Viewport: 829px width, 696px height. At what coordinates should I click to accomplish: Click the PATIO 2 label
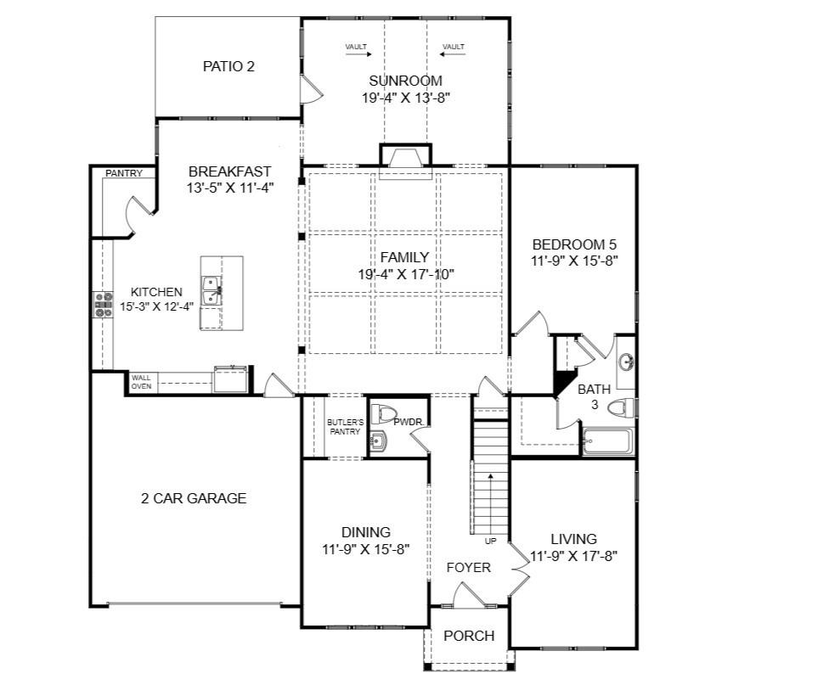pyautogui.click(x=228, y=66)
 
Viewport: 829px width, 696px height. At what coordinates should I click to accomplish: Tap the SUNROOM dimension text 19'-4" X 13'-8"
pyautogui.click(x=405, y=98)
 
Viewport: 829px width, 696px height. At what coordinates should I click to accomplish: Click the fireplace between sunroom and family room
pyautogui.click(x=405, y=158)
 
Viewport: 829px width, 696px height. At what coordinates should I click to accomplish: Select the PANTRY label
pyautogui.click(x=124, y=173)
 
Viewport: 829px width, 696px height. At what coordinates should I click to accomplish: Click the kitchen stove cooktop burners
pyautogui.click(x=103, y=305)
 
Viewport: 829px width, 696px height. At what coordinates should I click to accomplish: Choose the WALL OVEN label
pyautogui.click(x=141, y=382)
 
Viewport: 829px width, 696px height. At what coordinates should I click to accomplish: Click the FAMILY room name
pyautogui.click(x=404, y=257)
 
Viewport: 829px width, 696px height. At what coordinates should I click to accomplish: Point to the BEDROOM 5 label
pyautogui.click(x=574, y=244)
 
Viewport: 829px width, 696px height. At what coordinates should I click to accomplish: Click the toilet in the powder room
pyautogui.click(x=383, y=414)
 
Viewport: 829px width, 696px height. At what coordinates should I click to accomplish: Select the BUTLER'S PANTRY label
pyautogui.click(x=345, y=427)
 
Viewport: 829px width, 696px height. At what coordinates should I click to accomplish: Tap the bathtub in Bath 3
pyautogui.click(x=607, y=442)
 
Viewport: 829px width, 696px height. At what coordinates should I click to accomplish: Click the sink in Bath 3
pyautogui.click(x=627, y=363)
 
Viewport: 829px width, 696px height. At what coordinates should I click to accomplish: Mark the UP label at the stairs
pyautogui.click(x=491, y=542)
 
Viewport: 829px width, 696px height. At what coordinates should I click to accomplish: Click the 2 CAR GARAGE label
pyautogui.click(x=194, y=498)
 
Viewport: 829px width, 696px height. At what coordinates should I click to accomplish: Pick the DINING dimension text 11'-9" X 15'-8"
pyautogui.click(x=366, y=550)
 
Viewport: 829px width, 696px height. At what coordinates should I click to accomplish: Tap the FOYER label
pyautogui.click(x=468, y=568)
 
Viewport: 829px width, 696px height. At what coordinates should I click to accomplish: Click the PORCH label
pyautogui.click(x=469, y=636)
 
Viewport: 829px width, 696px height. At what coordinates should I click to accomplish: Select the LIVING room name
pyautogui.click(x=573, y=539)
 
